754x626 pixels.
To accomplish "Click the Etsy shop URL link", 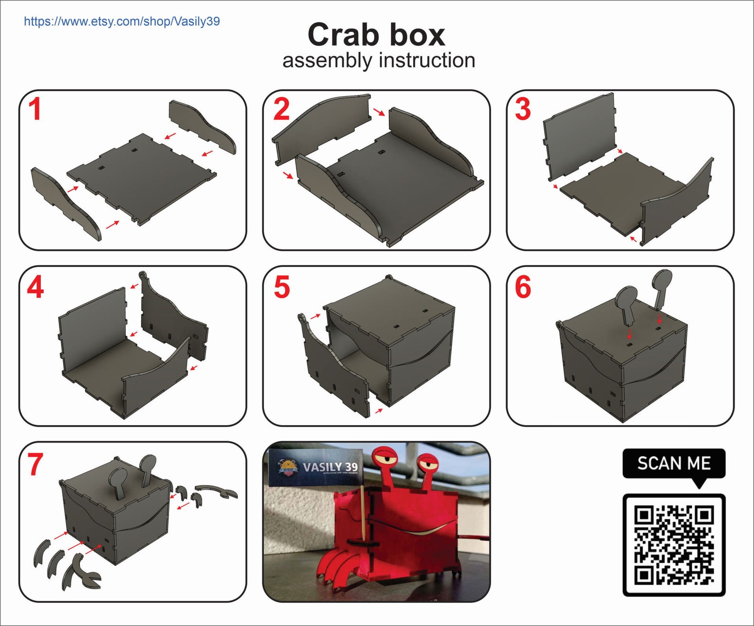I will pos(122,21).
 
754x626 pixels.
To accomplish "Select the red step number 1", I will pos(35,110).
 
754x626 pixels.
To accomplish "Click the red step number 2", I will pos(282,110).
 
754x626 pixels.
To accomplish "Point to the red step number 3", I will pos(523,110).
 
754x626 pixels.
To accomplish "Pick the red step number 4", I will pos(36,287).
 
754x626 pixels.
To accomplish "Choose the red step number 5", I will pos(282,287).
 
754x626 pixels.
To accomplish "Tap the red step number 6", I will pos(523,287).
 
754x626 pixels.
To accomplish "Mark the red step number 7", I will pos(36,465).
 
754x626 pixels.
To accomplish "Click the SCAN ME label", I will pos(674,463).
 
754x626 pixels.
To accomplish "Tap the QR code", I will pos(674,545).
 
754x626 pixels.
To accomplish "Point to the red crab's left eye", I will pos(385,458).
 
